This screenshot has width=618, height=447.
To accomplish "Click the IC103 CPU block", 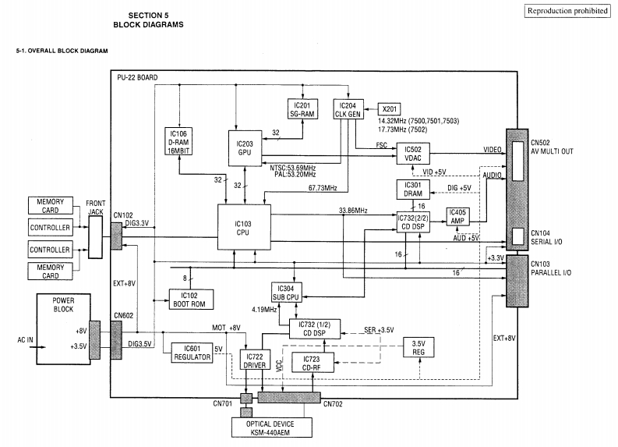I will [242, 227].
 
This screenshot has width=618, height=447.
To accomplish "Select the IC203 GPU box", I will [245, 145].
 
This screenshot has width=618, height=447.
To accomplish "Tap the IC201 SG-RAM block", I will [302, 109].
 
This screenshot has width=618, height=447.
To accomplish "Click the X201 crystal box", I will [389, 108].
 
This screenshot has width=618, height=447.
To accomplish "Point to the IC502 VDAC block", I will [413, 153].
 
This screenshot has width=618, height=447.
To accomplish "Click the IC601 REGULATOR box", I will [192, 352].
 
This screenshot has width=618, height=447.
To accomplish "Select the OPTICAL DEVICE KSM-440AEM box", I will [270, 427].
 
